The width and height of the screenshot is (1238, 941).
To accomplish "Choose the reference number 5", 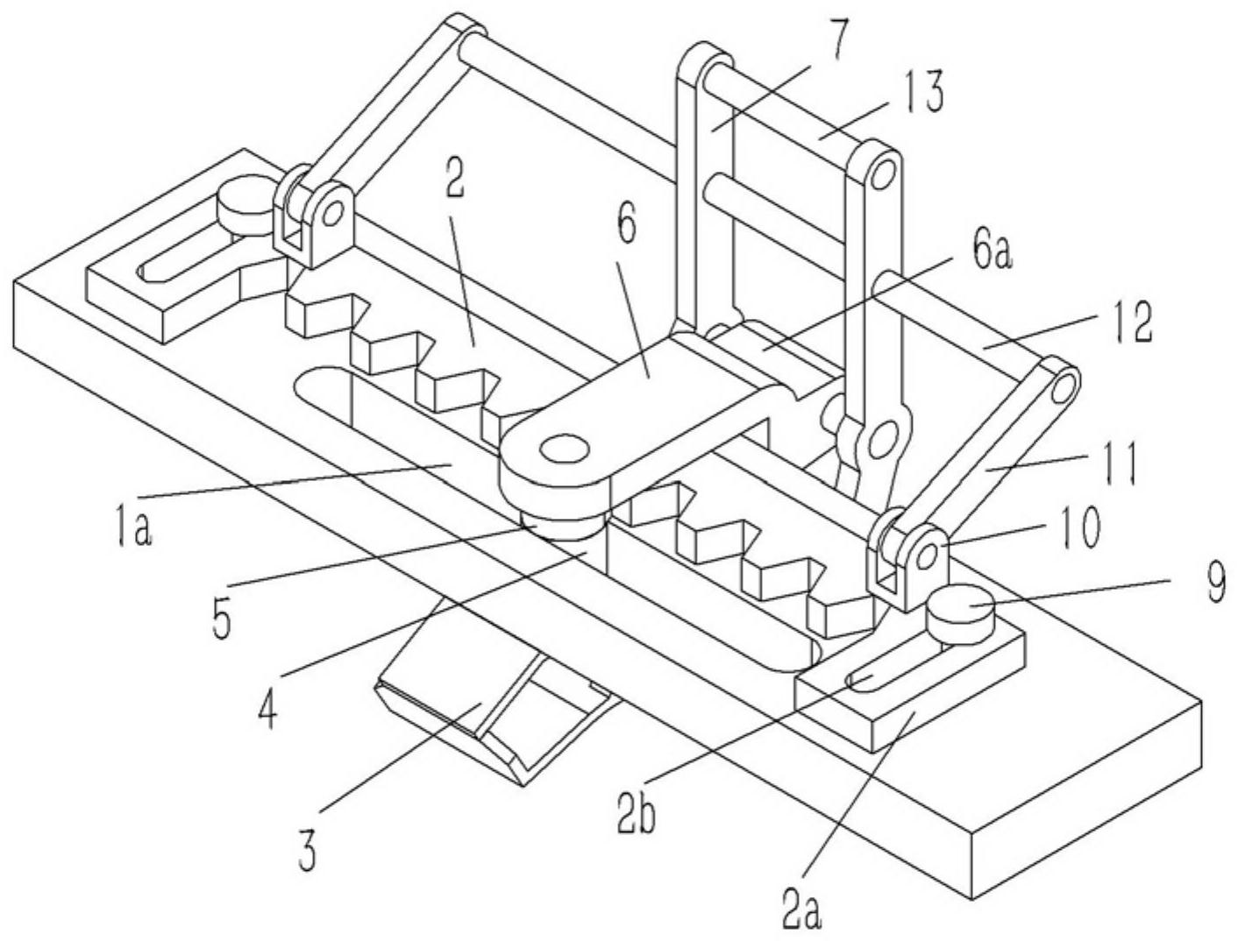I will (221, 619).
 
